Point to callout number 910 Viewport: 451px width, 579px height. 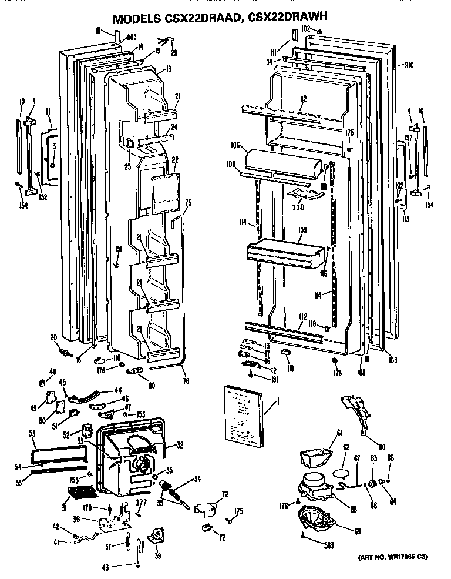click(409, 65)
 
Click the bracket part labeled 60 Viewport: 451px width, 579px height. click(357, 412)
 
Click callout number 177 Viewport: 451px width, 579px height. click(141, 503)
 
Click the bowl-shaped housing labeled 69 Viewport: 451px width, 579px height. click(315, 520)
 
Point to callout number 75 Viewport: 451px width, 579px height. click(188, 203)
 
